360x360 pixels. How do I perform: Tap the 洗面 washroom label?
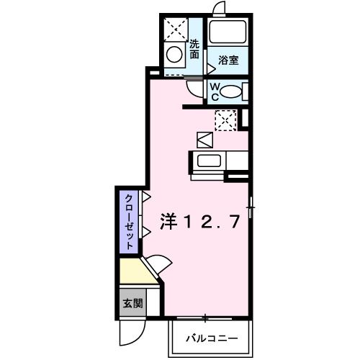[x=194, y=49]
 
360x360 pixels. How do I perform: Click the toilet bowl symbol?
[x=231, y=91]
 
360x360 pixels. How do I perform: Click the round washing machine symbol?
[x=174, y=53]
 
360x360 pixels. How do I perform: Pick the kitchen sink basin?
[x=209, y=161]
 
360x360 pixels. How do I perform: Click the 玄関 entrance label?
[x=132, y=303]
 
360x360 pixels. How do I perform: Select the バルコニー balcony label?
[x=212, y=337]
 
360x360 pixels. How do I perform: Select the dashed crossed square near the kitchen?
[x=225, y=120]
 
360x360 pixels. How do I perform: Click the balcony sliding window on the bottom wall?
[x=206, y=318]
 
